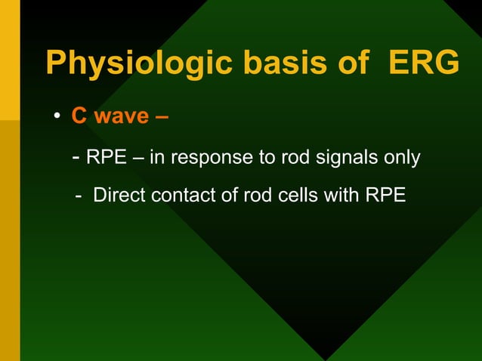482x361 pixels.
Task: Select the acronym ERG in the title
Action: click(423, 63)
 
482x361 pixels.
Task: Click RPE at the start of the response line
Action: click(105, 159)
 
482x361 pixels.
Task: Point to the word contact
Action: click(184, 196)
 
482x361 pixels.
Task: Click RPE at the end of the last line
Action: click(385, 196)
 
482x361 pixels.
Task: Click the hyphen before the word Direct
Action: click(79, 196)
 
